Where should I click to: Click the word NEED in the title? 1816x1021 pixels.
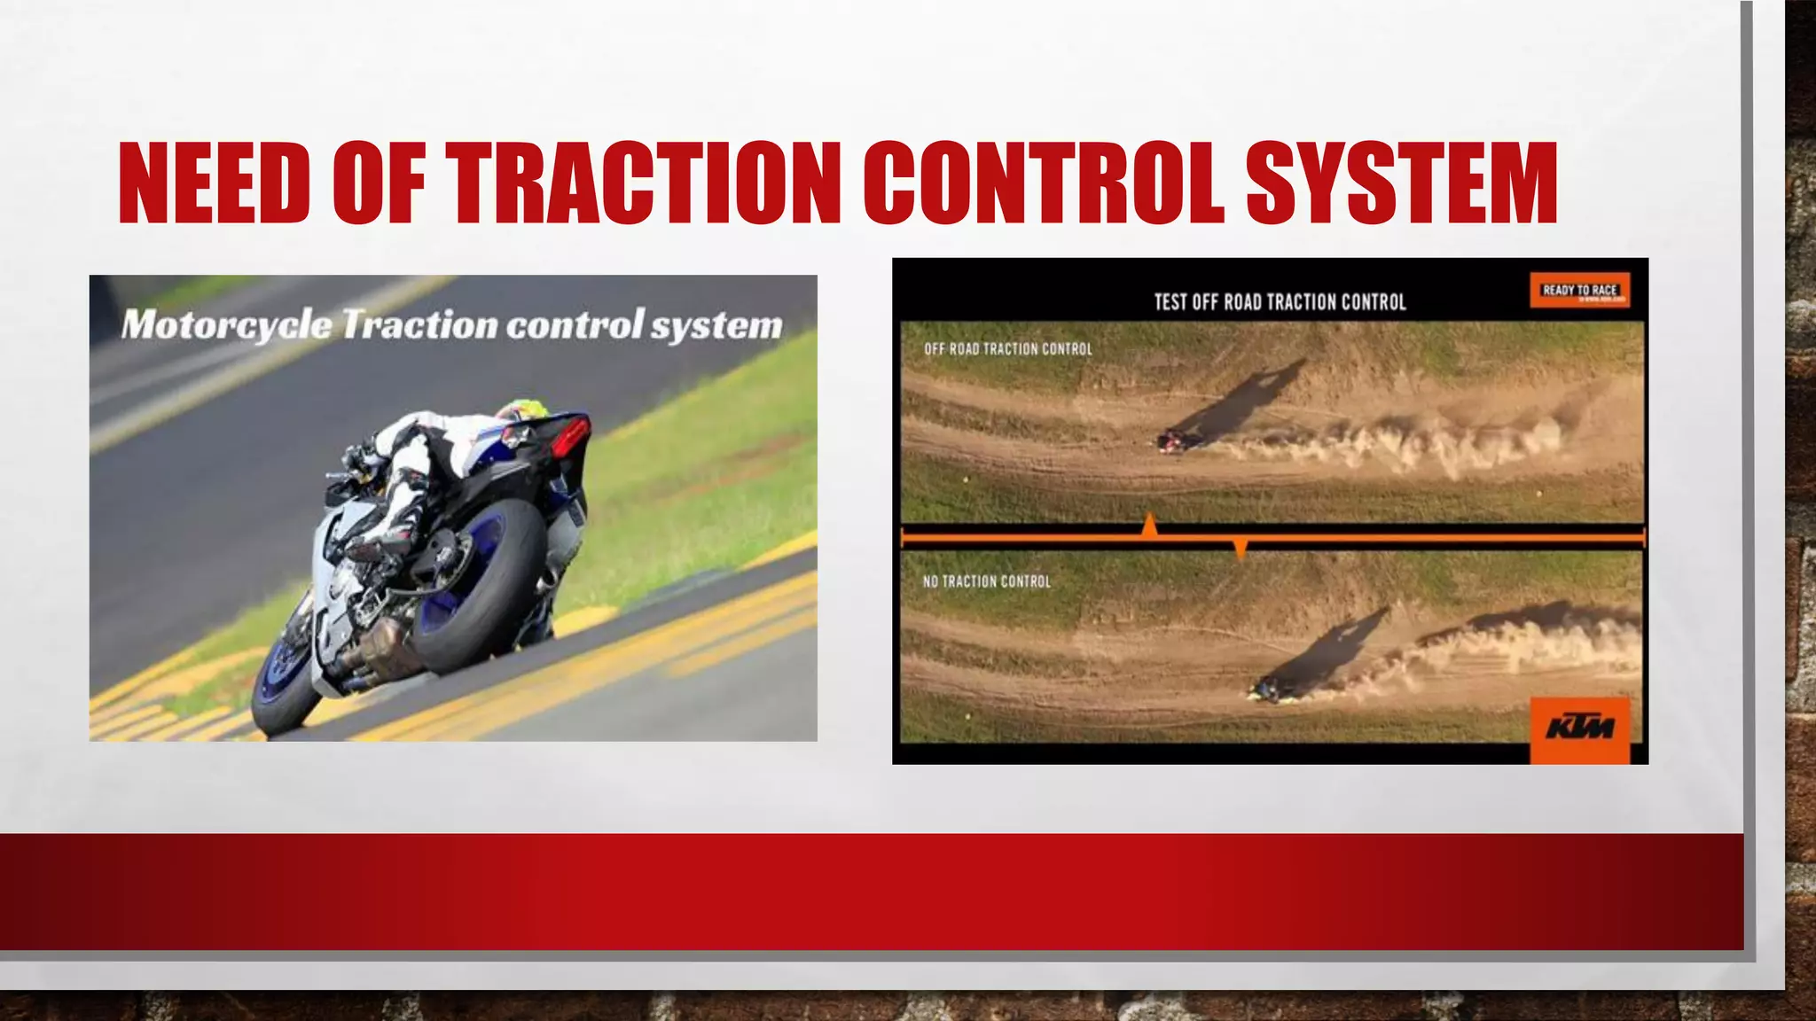214,183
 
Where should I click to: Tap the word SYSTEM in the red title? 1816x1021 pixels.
1401,183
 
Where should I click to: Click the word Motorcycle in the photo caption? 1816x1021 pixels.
226,325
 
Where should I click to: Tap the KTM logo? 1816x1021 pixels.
1580,729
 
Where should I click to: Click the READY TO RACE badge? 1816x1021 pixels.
1580,290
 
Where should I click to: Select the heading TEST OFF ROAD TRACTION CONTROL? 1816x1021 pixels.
1280,302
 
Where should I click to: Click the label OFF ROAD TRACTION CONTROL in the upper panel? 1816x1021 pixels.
1008,349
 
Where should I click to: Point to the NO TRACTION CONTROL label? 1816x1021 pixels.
986,581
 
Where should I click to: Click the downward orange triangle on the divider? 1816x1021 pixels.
1241,549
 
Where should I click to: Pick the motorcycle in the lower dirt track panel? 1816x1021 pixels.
1266,690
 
